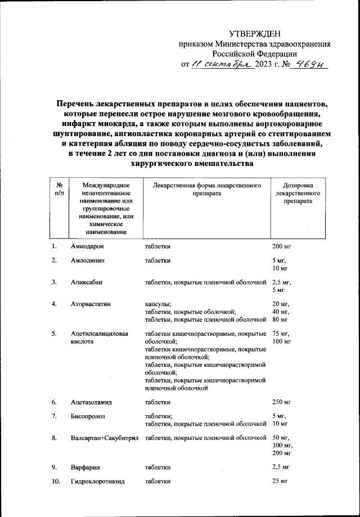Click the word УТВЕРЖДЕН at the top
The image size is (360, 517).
point(254,35)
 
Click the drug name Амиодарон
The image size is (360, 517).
point(88,246)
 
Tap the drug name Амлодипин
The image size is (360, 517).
point(87,260)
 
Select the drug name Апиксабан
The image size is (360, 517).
point(87,282)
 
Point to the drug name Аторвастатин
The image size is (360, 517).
point(91,304)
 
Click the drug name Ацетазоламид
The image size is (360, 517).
point(92,402)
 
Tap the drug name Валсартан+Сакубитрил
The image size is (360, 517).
point(105,438)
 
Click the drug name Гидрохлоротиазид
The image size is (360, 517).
point(97,482)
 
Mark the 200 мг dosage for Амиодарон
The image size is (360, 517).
point(282,246)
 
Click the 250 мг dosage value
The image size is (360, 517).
point(282,402)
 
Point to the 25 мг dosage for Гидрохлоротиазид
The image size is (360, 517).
point(280,482)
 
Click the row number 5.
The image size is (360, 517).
point(54,334)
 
